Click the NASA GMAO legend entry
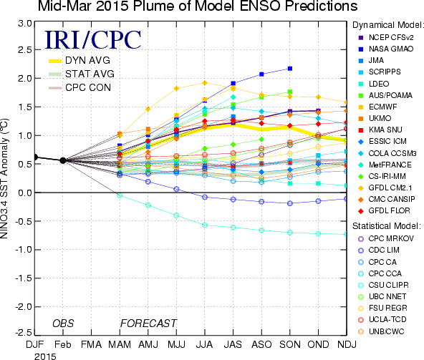tap(386, 49)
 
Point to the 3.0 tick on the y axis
tap(25, 24)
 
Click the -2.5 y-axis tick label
tap(24, 332)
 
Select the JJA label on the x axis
tap(204, 344)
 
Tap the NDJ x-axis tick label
tap(347, 344)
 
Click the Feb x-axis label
tap(63, 344)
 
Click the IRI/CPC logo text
tap(93, 40)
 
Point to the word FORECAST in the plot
tap(148, 323)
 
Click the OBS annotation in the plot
tap(63, 323)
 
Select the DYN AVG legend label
tap(87, 60)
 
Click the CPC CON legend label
tap(88, 87)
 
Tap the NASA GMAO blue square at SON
tap(290, 69)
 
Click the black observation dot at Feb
tap(63, 160)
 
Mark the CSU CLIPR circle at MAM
tap(120, 195)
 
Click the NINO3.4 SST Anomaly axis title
tap(4, 179)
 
